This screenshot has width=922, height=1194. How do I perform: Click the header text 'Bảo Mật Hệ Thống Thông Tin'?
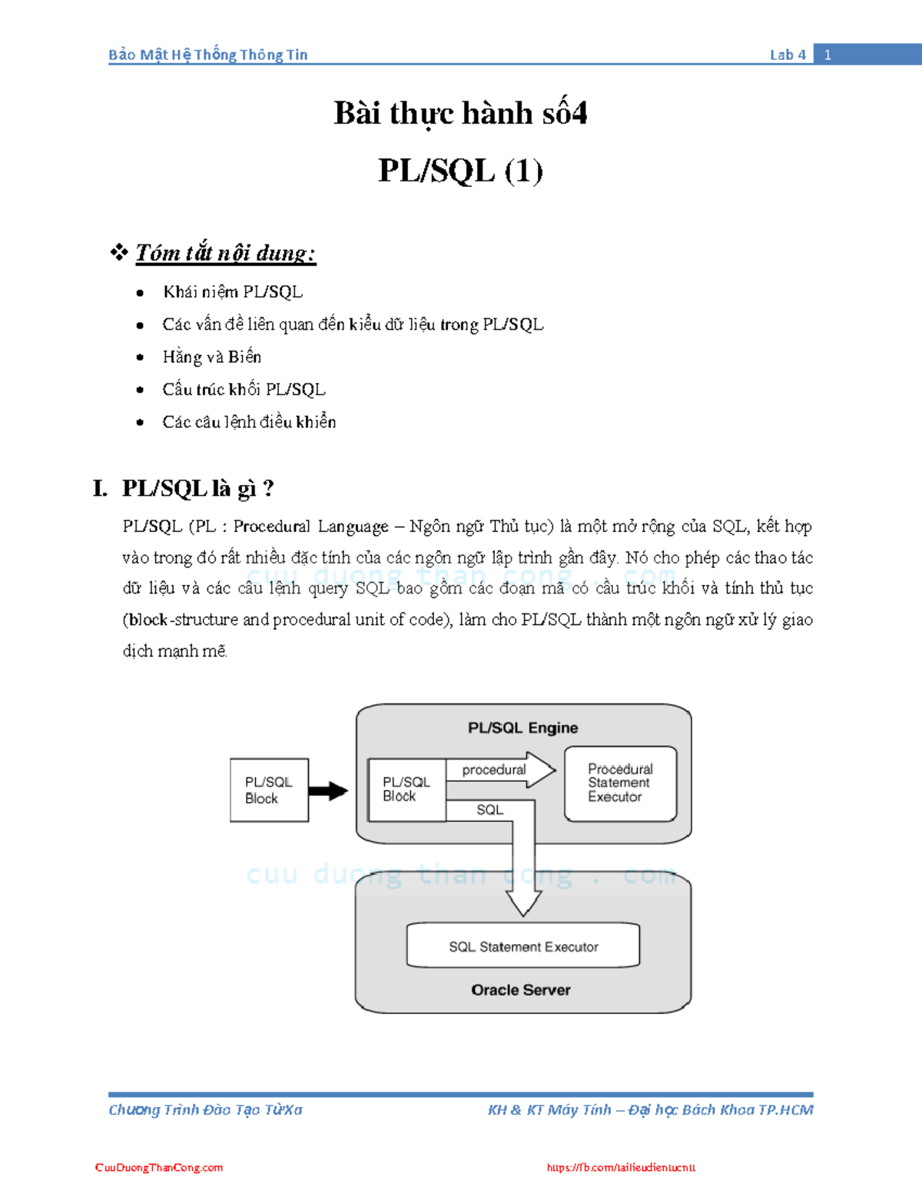[207, 55]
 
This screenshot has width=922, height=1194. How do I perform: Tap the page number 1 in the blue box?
[827, 55]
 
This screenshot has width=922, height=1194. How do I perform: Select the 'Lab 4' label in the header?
[788, 55]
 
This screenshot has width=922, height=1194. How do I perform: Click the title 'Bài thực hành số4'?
[460, 113]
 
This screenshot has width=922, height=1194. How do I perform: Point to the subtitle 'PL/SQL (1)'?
[460, 171]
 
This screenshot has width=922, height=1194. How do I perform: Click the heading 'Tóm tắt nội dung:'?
[225, 253]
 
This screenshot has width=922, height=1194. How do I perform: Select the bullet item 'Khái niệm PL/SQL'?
[233, 292]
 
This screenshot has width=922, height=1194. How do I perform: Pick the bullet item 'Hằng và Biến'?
[212, 357]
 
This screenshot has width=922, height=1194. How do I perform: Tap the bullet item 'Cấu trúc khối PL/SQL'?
[244, 389]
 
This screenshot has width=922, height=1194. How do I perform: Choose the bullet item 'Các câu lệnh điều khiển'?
[249, 422]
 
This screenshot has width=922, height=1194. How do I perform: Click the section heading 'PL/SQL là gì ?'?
[197, 488]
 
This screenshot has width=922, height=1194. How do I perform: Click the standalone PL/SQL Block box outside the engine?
[269, 790]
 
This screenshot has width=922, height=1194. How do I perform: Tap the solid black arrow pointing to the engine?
[328, 790]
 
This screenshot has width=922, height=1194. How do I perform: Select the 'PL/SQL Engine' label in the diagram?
[522, 727]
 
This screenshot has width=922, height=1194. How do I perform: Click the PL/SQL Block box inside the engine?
[406, 790]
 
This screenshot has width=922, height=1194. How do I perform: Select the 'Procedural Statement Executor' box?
[620, 783]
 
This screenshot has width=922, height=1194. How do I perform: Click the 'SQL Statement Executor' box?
[522, 946]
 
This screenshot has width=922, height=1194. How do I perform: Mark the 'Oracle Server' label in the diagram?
[521, 990]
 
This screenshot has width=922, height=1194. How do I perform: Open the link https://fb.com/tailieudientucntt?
[621, 1167]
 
